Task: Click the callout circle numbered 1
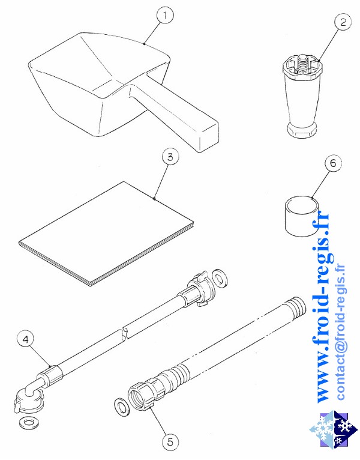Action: point(165,14)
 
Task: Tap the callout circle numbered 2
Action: point(343,22)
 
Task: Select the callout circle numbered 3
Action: point(170,157)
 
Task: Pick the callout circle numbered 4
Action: point(26,339)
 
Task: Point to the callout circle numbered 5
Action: point(170,442)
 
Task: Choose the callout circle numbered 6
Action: point(334,163)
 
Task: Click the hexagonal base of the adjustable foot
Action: point(302,129)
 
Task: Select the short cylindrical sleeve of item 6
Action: point(302,216)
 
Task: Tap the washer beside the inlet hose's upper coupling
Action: point(220,277)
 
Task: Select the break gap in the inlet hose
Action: point(124,333)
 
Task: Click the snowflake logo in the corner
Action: point(334,431)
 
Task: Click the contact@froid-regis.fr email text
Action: point(341,332)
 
